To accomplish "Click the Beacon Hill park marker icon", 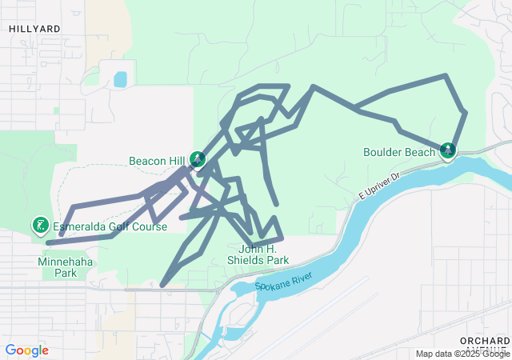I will tap(197, 162).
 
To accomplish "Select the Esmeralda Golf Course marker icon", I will tap(38, 226).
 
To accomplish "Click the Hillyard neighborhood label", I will tap(34, 28).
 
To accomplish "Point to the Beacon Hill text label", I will tap(157, 161).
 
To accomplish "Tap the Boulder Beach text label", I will tap(398, 152).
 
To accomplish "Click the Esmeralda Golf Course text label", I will tap(110, 227).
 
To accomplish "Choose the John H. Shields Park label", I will tap(257, 254).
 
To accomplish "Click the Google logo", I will tap(26, 350).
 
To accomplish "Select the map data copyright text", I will tap(462, 354).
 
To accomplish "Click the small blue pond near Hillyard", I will tap(120, 79).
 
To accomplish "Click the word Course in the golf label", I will tap(149, 227).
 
